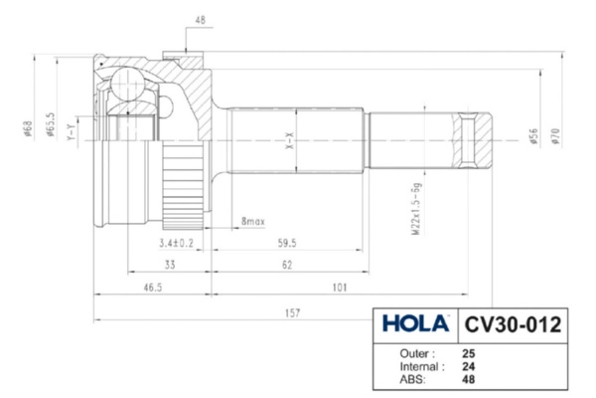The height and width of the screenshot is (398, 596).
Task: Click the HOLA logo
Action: (x=416, y=323)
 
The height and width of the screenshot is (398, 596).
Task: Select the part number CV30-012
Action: (x=513, y=325)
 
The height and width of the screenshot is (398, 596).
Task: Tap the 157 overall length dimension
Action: (x=292, y=313)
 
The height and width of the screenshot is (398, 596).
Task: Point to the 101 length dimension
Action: (x=340, y=287)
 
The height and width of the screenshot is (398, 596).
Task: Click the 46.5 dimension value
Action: (x=153, y=288)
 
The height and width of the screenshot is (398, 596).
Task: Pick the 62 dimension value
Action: (x=287, y=265)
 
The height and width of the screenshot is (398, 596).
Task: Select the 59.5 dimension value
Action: (x=287, y=243)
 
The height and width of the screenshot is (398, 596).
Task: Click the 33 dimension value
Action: (x=170, y=265)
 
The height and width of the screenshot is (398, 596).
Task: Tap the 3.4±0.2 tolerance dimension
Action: (x=176, y=243)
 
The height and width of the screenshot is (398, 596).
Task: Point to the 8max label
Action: (x=252, y=221)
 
